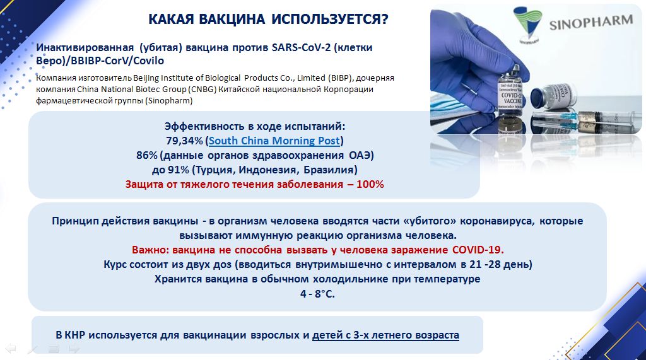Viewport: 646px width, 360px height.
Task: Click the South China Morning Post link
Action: [x=274, y=141]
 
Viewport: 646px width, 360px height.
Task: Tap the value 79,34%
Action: [x=185, y=141]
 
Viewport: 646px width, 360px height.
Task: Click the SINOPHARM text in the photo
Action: [x=590, y=22]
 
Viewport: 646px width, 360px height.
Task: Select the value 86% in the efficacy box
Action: [x=147, y=155]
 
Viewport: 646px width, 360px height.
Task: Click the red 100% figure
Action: [x=370, y=184]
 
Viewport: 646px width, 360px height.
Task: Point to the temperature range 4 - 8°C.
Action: [x=317, y=294]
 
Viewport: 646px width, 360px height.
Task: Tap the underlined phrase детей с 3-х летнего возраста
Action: [x=385, y=335]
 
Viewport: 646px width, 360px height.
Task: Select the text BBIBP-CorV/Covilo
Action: [x=117, y=61]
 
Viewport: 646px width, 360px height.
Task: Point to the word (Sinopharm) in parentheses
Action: [x=168, y=100]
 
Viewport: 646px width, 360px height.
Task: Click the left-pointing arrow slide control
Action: [x=10, y=349]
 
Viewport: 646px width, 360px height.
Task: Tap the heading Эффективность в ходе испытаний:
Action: [x=255, y=126]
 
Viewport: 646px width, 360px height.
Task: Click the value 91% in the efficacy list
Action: [x=179, y=170]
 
